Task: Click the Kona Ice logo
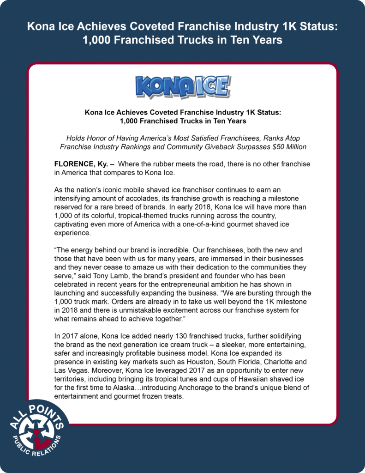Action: (x=183, y=87)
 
